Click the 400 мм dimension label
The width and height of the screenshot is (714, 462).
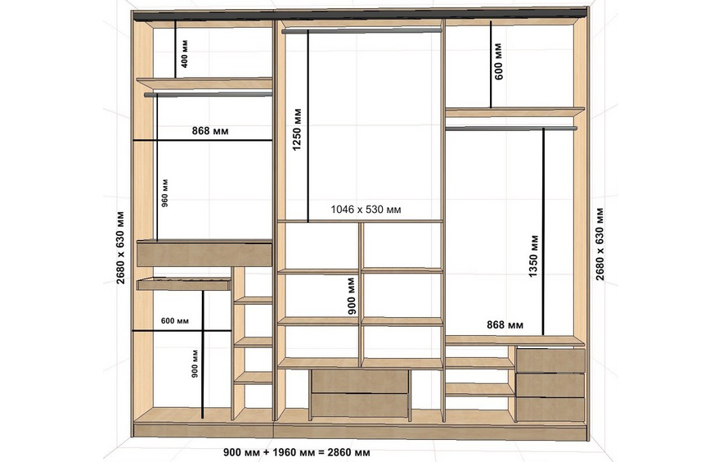pos(184,54)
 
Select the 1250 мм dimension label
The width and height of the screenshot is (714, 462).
pos(297,129)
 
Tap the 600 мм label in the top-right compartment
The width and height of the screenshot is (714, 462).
pos(498,61)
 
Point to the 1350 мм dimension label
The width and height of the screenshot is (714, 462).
pos(533,256)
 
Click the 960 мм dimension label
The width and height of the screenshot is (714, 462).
pos(165,193)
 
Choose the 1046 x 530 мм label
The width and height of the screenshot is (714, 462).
pos(366,210)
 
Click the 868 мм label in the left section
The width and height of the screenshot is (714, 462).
pos(210,131)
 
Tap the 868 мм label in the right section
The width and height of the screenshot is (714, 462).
pos(505,324)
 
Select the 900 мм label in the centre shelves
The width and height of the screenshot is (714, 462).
pos(352,296)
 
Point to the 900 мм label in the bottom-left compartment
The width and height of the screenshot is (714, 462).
pos(195,364)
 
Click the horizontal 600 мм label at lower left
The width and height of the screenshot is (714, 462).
pos(175,320)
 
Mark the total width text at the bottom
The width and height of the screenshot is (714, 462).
pos(296,452)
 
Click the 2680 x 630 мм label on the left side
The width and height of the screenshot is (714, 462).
pos(120,247)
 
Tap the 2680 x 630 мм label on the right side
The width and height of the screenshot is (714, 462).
pos(599,244)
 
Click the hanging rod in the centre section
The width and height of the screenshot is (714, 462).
pos(361,31)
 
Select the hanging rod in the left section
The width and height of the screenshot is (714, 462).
pos(208,95)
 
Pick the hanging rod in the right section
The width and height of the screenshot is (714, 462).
pos(511,129)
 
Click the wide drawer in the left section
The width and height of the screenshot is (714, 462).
pos(204,254)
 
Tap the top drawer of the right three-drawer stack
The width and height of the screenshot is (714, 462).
pos(550,360)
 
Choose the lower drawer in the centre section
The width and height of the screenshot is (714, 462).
pos(359,405)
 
